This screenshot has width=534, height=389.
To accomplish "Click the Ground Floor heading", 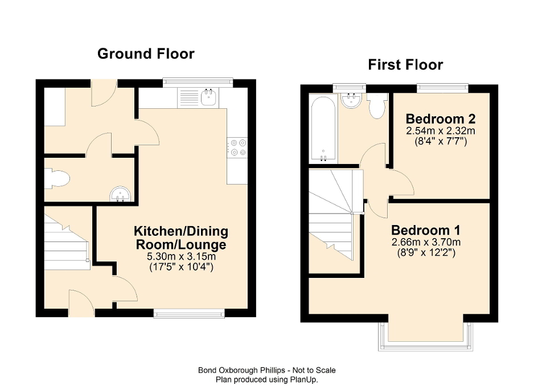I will click(x=146, y=54).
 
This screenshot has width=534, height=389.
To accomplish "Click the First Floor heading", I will click(x=405, y=65).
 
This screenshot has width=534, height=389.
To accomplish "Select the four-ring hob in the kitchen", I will click(x=237, y=147).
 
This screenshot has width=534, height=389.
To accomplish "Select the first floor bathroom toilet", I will click(x=377, y=106).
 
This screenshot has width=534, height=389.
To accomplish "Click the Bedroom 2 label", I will click(x=440, y=119).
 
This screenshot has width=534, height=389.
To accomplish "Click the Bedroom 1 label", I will click(x=426, y=231).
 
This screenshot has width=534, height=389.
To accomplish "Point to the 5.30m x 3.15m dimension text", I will click(x=180, y=256).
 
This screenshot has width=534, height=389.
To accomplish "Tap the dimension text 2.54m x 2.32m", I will click(x=440, y=130).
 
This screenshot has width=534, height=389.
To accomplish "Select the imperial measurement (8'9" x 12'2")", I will click(x=426, y=253).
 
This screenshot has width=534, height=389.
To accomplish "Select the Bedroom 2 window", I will click(x=442, y=87).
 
